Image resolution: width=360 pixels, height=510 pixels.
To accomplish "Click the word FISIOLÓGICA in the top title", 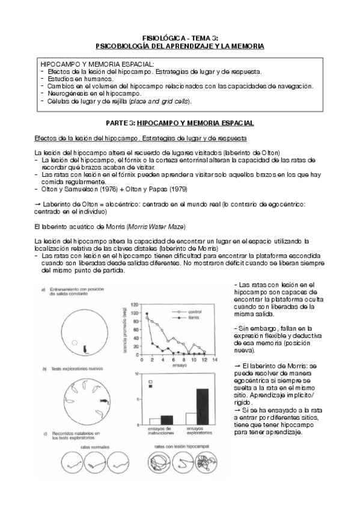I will [x=162, y=37].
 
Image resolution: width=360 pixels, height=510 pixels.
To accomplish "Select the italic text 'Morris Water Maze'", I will [x=156, y=226].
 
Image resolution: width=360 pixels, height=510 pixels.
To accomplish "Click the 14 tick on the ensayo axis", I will [x=215, y=359].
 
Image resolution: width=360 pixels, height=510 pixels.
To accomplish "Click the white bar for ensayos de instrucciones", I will [x=154, y=420].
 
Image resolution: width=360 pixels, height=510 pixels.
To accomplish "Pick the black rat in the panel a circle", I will [x=85, y=348].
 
